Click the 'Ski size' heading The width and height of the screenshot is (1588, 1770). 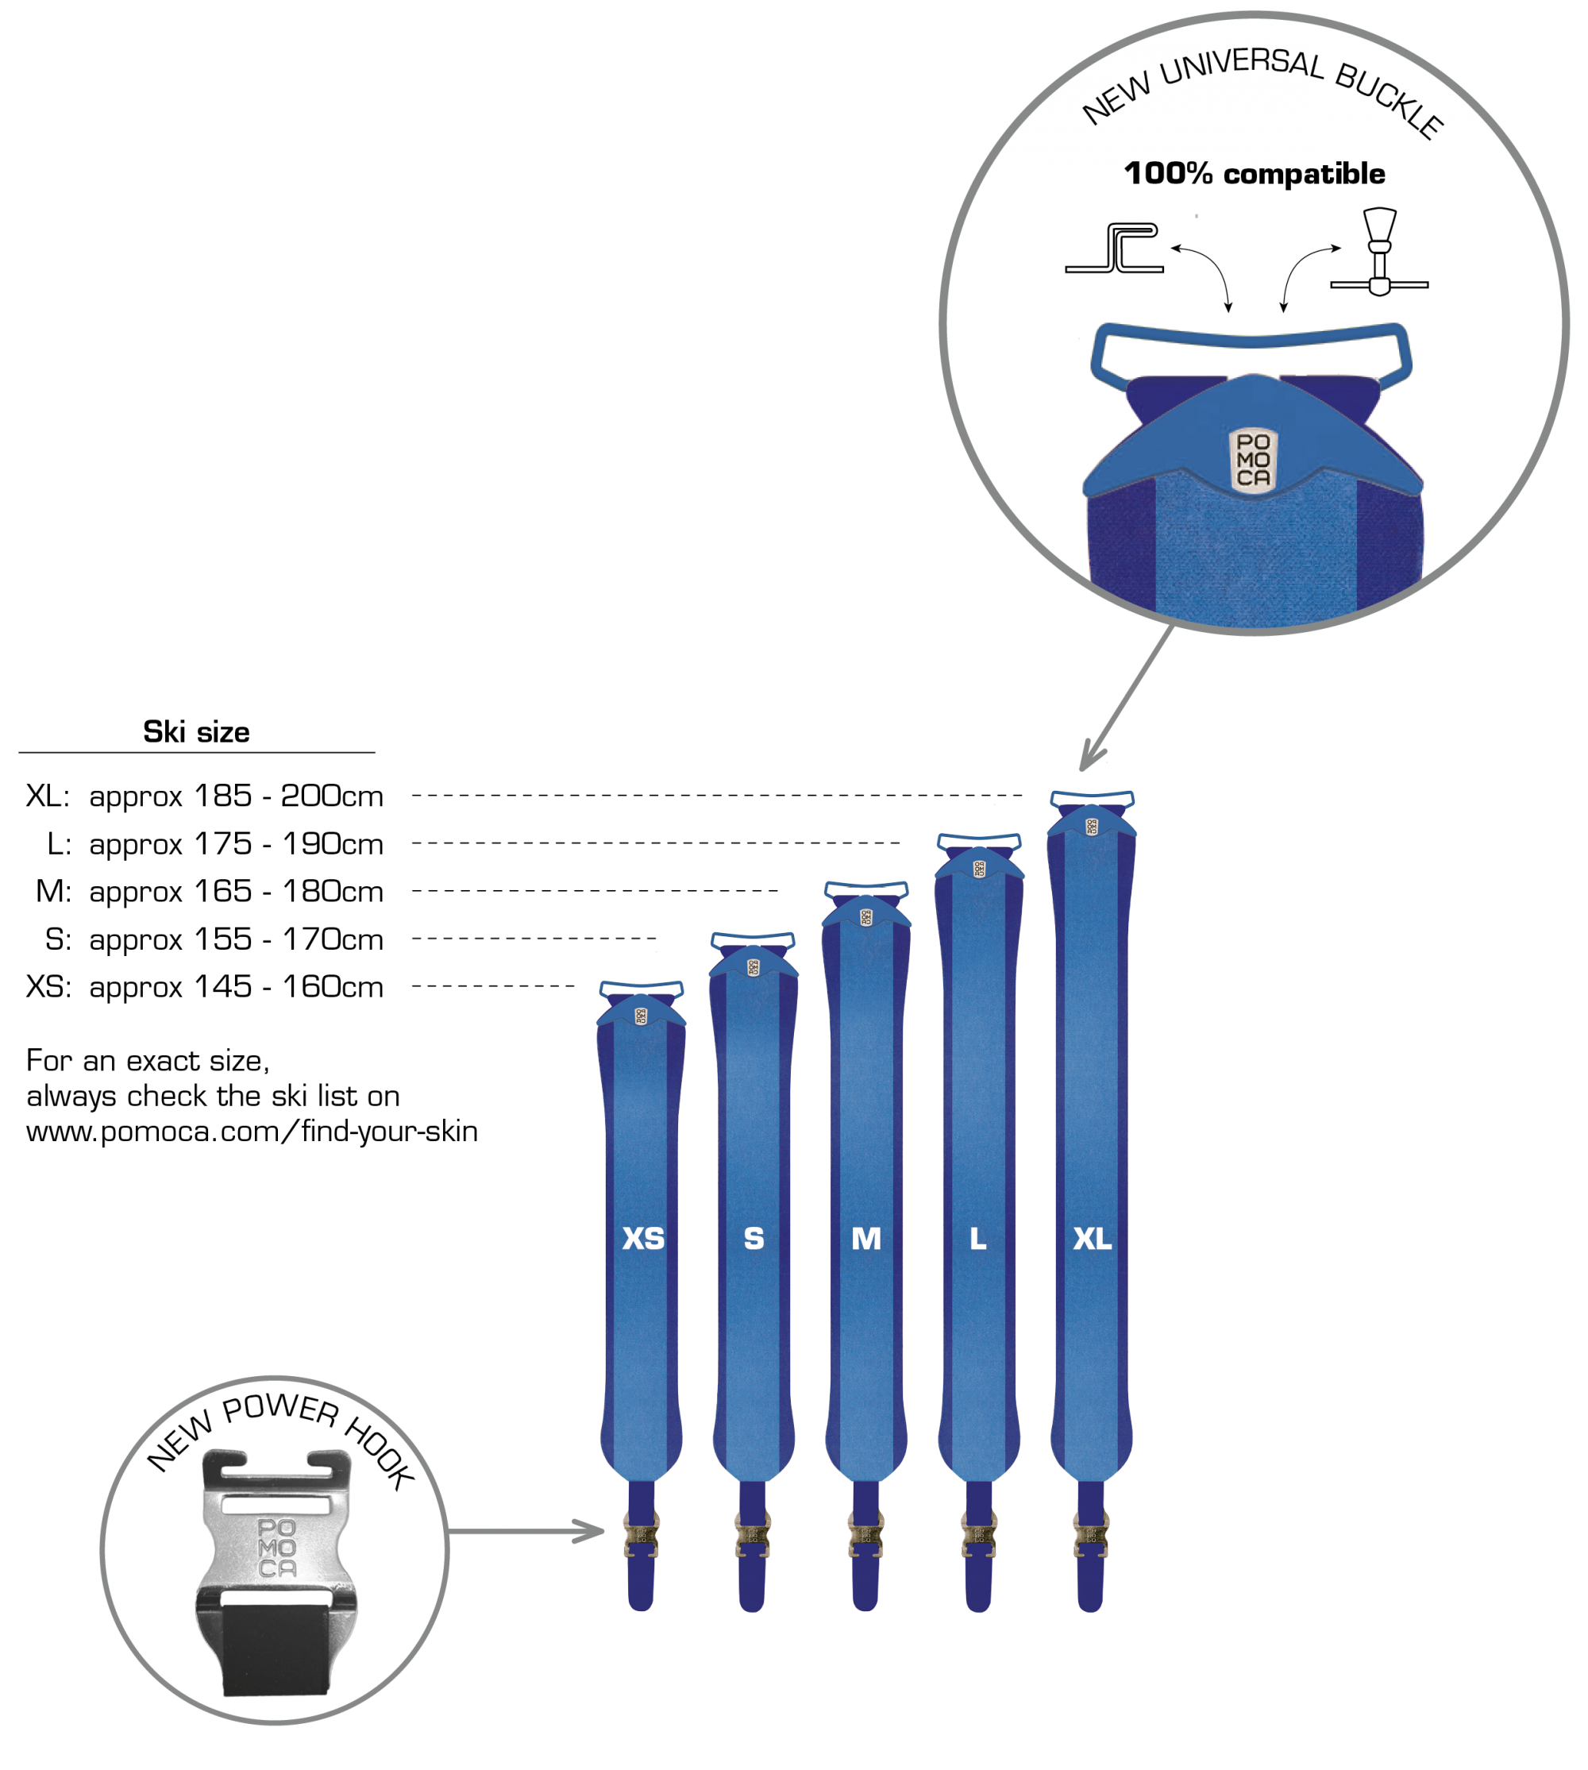[196, 731]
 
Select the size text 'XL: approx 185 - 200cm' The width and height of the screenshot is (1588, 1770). [205, 796]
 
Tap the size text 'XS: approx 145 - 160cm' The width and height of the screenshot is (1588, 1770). [205, 987]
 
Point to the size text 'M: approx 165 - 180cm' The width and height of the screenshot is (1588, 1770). [210, 891]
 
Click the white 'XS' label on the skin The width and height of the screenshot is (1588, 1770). [643, 1239]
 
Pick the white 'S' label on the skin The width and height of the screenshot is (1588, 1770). [754, 1239]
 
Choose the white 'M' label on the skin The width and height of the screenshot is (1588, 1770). [866, 1239]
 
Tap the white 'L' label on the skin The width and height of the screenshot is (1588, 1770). [978, 1239]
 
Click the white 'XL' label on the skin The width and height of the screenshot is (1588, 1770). [1093, 1239]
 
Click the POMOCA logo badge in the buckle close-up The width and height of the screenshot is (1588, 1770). [1253, 460]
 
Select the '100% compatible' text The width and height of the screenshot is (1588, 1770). [1255, 173]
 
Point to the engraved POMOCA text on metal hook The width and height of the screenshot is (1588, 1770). [277, 1548]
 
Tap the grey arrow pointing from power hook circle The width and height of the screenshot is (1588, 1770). [526, 1531]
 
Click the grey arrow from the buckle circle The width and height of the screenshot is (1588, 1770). [1126, 698]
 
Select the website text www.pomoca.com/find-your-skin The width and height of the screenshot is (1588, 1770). [252, 1132]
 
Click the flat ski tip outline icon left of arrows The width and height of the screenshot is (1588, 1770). [1115, 249]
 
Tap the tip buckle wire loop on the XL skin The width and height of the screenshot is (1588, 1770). [1093, 798]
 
